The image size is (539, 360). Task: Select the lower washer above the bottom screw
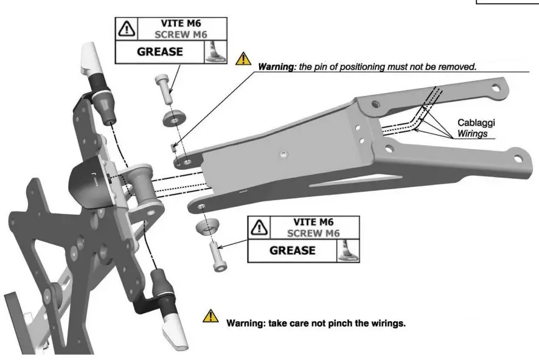tap(207, 229)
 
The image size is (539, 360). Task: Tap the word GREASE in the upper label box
tap(159, 52)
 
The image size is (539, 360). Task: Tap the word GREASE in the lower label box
tap(292, 250)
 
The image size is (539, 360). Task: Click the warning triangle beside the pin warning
tap(243, 58)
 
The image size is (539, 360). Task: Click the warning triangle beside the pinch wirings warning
tap(210, 316)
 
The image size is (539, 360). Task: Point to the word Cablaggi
tap(475, 122)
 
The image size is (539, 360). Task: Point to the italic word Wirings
tap(472, 132)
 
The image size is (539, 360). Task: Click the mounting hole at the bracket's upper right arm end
tap(496, 88)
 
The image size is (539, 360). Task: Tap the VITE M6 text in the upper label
tap(182, 24)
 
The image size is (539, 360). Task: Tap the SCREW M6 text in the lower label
tap(313, 233)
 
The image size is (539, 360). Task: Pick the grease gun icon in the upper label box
tap(214, 52)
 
